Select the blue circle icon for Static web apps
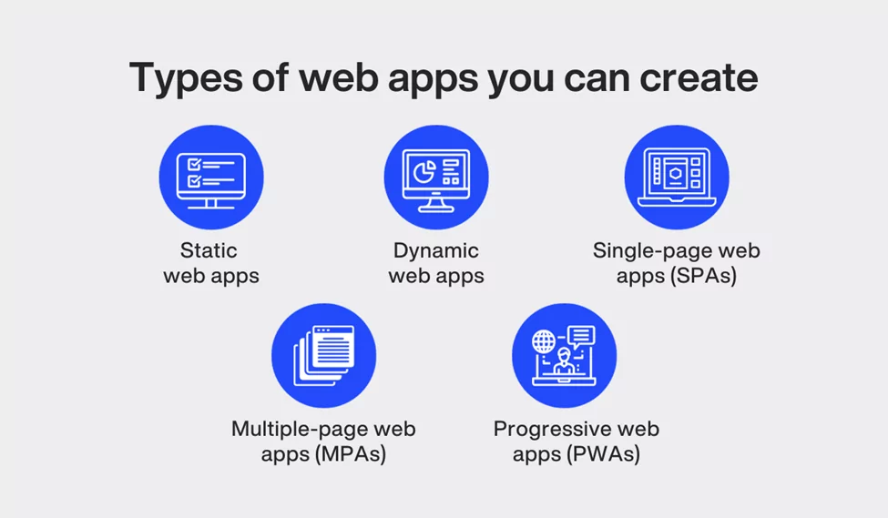210,177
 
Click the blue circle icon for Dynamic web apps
436,177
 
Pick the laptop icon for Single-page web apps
677,177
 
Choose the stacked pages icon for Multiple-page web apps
323,355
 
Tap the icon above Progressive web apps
564,355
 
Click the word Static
209,250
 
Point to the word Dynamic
436,250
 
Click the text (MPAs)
350,453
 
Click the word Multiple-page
292,428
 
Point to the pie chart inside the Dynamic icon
423,170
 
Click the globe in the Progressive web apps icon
545,341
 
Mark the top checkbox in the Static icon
193,164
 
